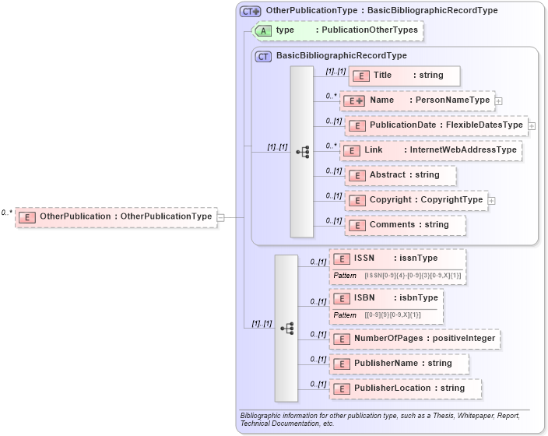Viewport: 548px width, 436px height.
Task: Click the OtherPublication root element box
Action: pyautogui.click(x=115, y=216)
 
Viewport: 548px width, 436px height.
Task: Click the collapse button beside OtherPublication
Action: pyautogui.click(x=220, y=217)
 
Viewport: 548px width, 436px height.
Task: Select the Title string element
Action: pyautogui.click(x=404, y=76)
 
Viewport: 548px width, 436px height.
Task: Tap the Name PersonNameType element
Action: pyautogui.click(x=418, y=100)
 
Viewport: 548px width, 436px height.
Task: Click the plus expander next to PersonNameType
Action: pyautogui.click(x=498, y=100)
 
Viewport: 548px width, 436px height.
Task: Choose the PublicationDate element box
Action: pyautogui.click(x=436, y=125)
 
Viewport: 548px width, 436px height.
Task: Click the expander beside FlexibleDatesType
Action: pyautogui.click(x=532, y=125)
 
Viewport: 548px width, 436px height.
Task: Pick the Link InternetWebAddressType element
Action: pyautogui.click(x=430, y=150)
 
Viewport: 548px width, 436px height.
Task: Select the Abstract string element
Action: pyautogui.click(x=400, y=175)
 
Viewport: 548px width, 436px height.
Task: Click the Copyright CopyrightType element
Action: pyautogui.click(x=416, y=200)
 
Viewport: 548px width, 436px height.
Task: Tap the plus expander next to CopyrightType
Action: pyautogui.click(x=492, y=200)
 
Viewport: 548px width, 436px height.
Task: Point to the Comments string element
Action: pyautogui.click(x=405, y=225)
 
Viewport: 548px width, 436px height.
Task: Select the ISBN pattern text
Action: pyautogui.click(x=392, y=315)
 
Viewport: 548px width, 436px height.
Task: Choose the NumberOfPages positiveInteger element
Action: pyautogui.click(x=414, y=339)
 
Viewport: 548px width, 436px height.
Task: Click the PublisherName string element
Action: pyautogui.click(x=399, y=364)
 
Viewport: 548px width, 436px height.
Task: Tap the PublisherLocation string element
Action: pyautogui.click(x=405, y=389)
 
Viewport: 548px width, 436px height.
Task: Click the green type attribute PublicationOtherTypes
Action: pyautogui.click(x=339, y=30)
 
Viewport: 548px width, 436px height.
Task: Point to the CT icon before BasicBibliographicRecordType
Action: pyautogui.click(x=263, y=56)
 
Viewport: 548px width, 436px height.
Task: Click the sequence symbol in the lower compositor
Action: pyautogui.click(x=286, y=328)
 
